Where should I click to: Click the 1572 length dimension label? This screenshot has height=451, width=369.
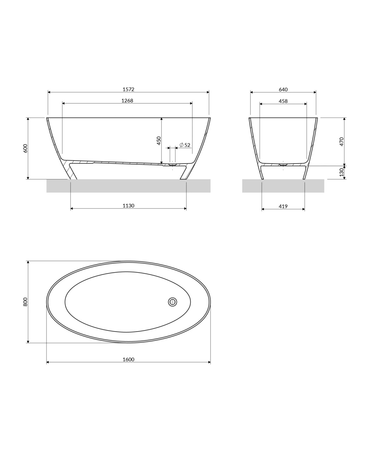128,89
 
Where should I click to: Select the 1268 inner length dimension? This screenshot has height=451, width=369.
127,100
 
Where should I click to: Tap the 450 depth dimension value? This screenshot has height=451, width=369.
159,141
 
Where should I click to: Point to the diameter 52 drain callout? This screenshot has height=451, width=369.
185,145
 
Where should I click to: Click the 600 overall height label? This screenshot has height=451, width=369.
25,148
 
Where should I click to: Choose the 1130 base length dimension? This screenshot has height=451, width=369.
128,206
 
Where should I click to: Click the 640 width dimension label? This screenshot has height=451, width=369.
283,89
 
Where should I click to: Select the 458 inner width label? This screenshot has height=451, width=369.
283,101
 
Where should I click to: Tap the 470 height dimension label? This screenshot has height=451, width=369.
342,142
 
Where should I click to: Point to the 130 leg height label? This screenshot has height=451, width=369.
342,172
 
